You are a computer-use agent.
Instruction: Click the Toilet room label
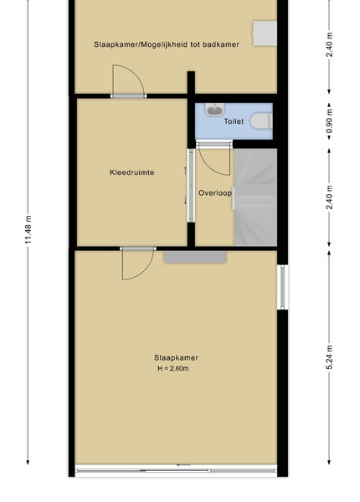(234, 121)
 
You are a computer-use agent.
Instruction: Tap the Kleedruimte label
(132, 172)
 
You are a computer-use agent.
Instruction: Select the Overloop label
(215, 193)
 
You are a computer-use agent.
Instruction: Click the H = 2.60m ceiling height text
(173, 368)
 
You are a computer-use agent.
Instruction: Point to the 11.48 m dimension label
(28, 229)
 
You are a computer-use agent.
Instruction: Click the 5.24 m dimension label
(329, 357)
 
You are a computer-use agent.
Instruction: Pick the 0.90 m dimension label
(329, 121)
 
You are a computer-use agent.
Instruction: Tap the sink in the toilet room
(214, 109)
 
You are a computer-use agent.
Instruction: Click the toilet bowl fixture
(261, 121)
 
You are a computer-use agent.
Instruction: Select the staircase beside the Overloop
(255, 197)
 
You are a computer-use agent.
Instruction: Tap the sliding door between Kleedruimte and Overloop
(191, 186)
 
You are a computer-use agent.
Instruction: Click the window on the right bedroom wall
(282, 287)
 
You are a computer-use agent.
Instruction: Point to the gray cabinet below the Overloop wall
(195, 257)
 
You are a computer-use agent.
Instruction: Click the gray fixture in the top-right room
(265, 33)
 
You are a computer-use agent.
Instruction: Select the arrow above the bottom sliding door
(183, 465)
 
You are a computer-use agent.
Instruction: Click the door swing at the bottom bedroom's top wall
(138, 264)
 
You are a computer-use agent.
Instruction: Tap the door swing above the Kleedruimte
(128, 80)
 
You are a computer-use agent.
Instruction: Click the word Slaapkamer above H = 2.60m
(176, 357)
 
